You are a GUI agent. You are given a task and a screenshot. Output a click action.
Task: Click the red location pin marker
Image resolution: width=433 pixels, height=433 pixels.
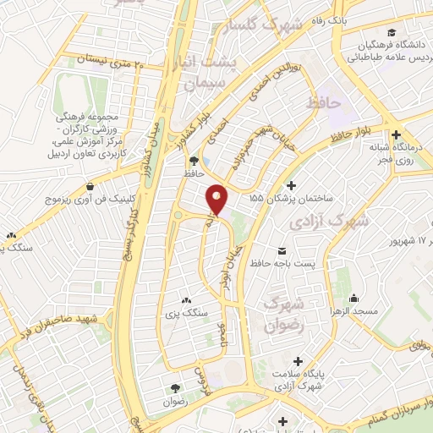tap(218, 199)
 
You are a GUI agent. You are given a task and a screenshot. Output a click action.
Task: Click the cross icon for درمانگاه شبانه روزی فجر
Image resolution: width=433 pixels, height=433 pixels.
tap(395, 134)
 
